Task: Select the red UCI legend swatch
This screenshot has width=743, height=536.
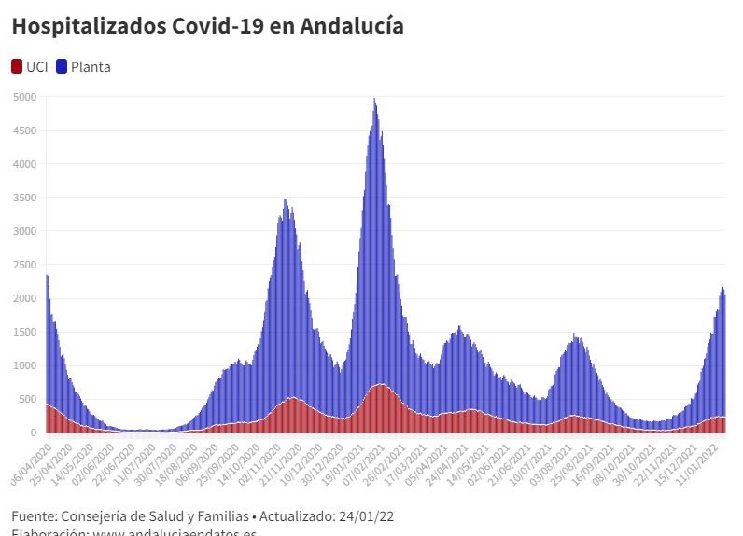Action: (17, 66)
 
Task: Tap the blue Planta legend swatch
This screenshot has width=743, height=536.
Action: (62, 66)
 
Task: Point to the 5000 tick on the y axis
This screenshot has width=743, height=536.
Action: (24, 97)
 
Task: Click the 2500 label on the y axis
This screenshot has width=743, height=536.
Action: (24, 265)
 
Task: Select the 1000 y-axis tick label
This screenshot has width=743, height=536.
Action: (24, 365)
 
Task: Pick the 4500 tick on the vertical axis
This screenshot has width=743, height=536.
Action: (24, 131)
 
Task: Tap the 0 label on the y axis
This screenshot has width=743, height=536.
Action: (33, 433)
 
